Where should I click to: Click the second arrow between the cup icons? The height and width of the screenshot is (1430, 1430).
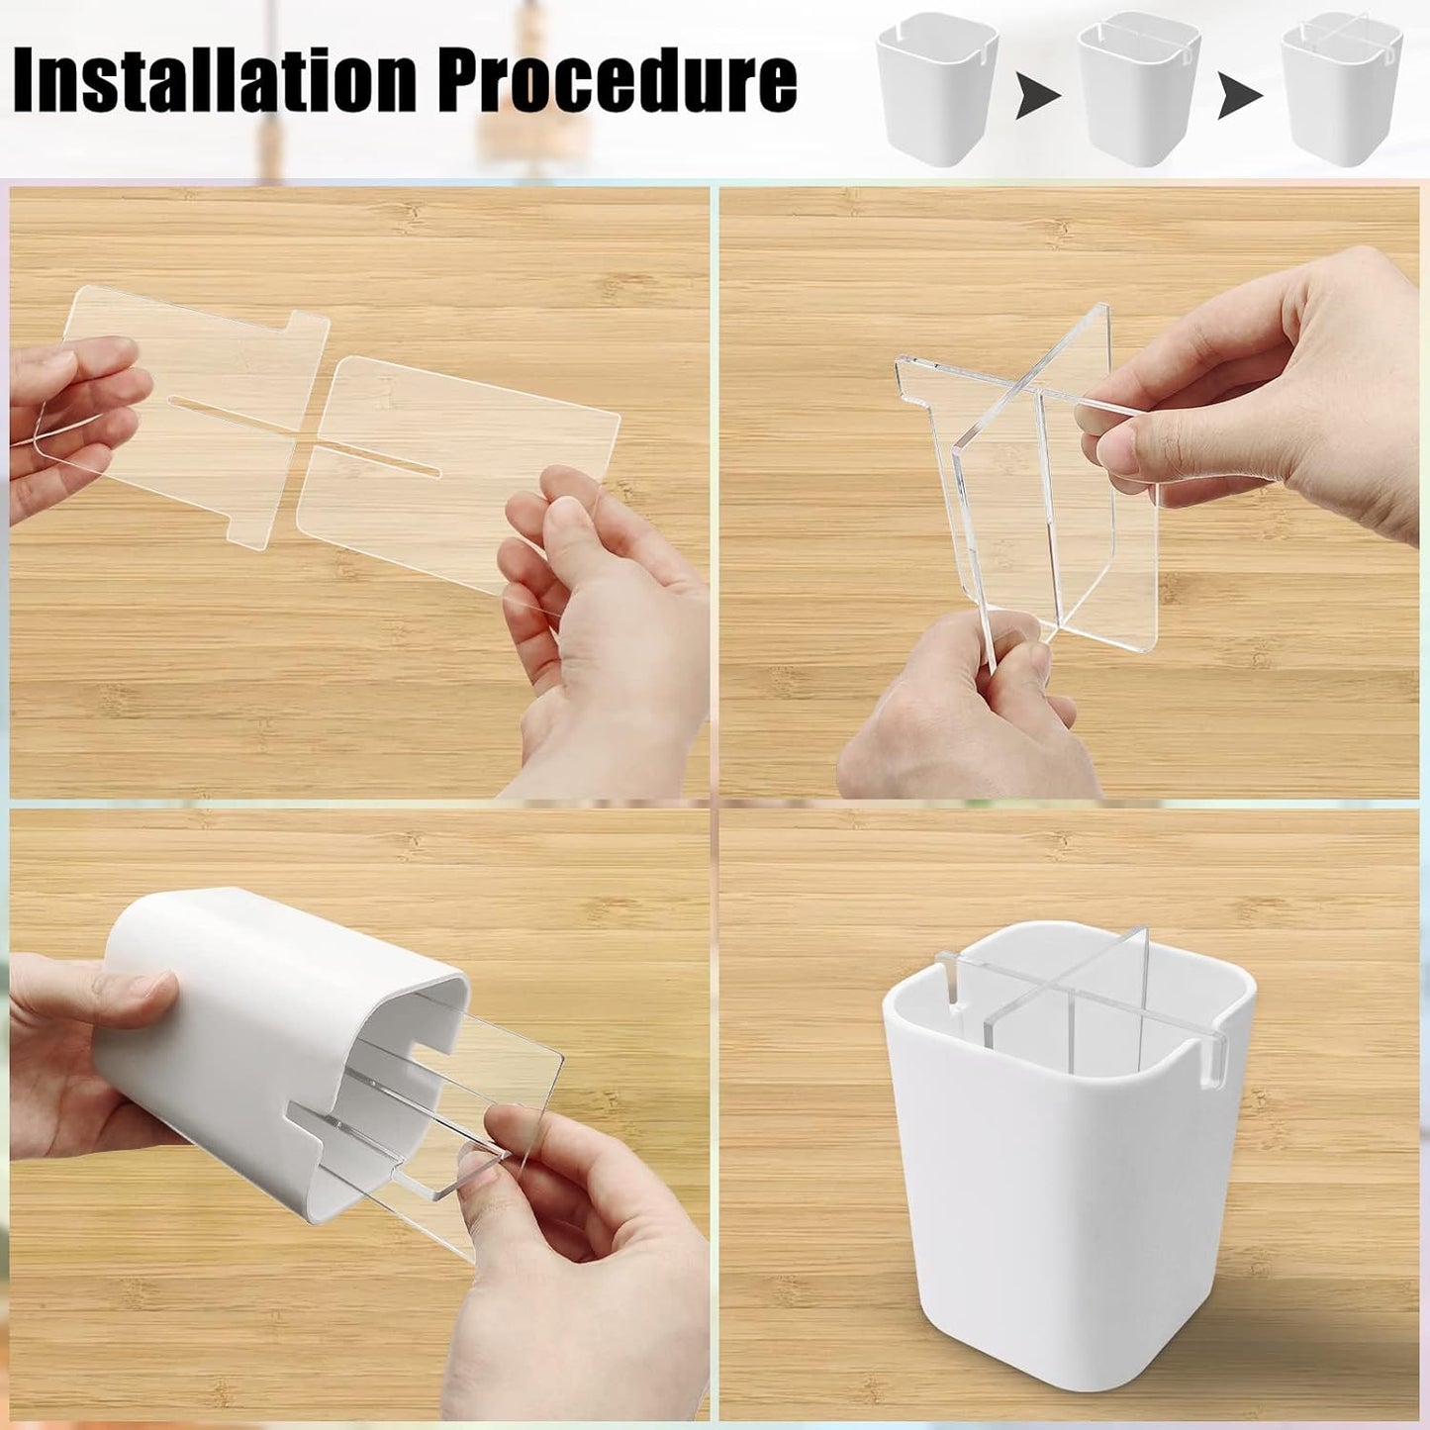(x=1239, y=97)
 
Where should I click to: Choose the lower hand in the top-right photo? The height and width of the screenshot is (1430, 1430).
(x=950, y=713)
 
